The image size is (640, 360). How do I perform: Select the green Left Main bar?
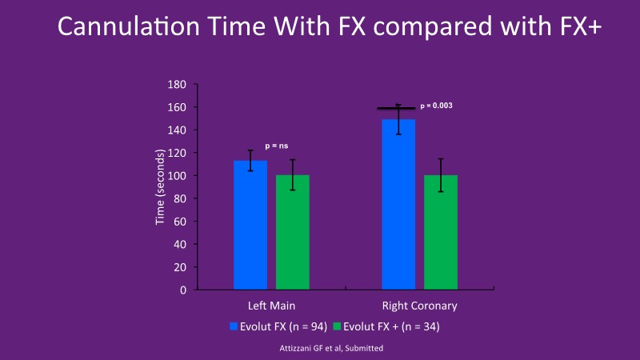pyautogui.click(x=293, y=231)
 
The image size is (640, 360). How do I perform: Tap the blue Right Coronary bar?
pyautogui.click(x=398, y=204)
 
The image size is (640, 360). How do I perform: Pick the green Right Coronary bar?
pyautogui.click(x=441, y=231)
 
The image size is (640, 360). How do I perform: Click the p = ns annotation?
pyautogui.click(x=277, y=146)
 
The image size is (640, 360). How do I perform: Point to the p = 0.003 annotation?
pyautogui.click(x=437, y=106)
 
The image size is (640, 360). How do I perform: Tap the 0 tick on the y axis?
pyautogui.click(x=183, y=290)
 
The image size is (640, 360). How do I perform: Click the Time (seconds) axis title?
pyautogui.click(x=160, y=187)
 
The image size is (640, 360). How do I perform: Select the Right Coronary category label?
pyautogui.click(x=420, y=306)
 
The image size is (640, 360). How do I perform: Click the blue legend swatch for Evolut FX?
pyautogui.click(x=234, y=326)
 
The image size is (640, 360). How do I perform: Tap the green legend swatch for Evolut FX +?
pyautogui.click(x=338, y=326)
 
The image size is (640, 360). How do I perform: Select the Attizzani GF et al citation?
pyautogui.click(x=320, y=349)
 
